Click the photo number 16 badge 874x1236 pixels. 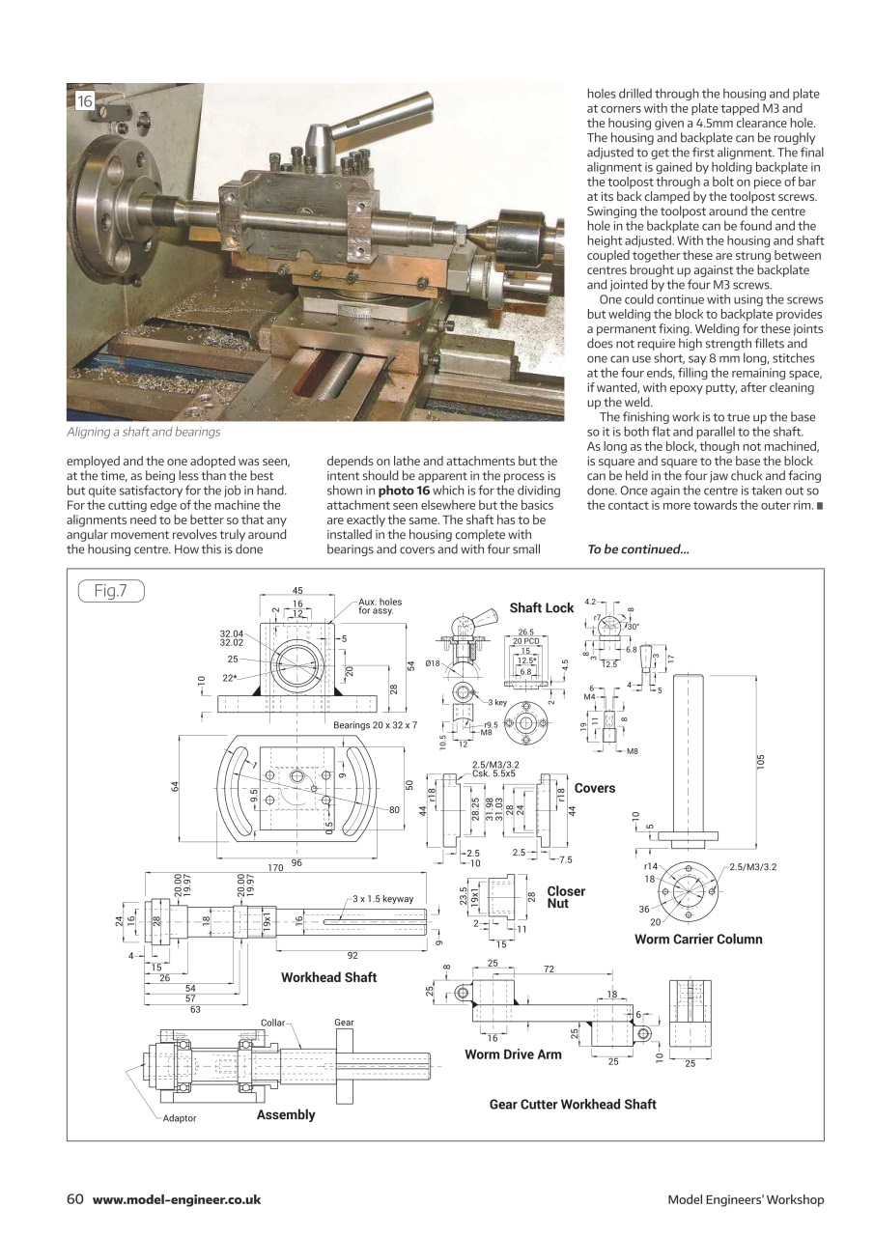(85, 101)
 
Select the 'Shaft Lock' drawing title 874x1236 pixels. (541, 608)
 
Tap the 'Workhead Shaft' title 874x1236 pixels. (328, 977)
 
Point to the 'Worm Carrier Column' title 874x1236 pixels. (698, 939)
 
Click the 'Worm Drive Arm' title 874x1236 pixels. (513, 1054)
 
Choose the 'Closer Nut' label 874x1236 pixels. (565, 897)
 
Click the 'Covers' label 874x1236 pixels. (594, 788)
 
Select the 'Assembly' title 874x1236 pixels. (286, 1114)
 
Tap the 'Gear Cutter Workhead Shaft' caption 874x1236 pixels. (573, 1104)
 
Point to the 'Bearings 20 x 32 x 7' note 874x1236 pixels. (375, 723)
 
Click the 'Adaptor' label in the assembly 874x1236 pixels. (179, 1118)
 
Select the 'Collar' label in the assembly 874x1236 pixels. (272, 1022)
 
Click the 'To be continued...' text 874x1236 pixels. (637, 549)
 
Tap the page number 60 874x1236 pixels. (75, 1199)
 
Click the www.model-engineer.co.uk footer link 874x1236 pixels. (177, 1199)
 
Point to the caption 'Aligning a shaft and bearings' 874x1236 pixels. (143, 432)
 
